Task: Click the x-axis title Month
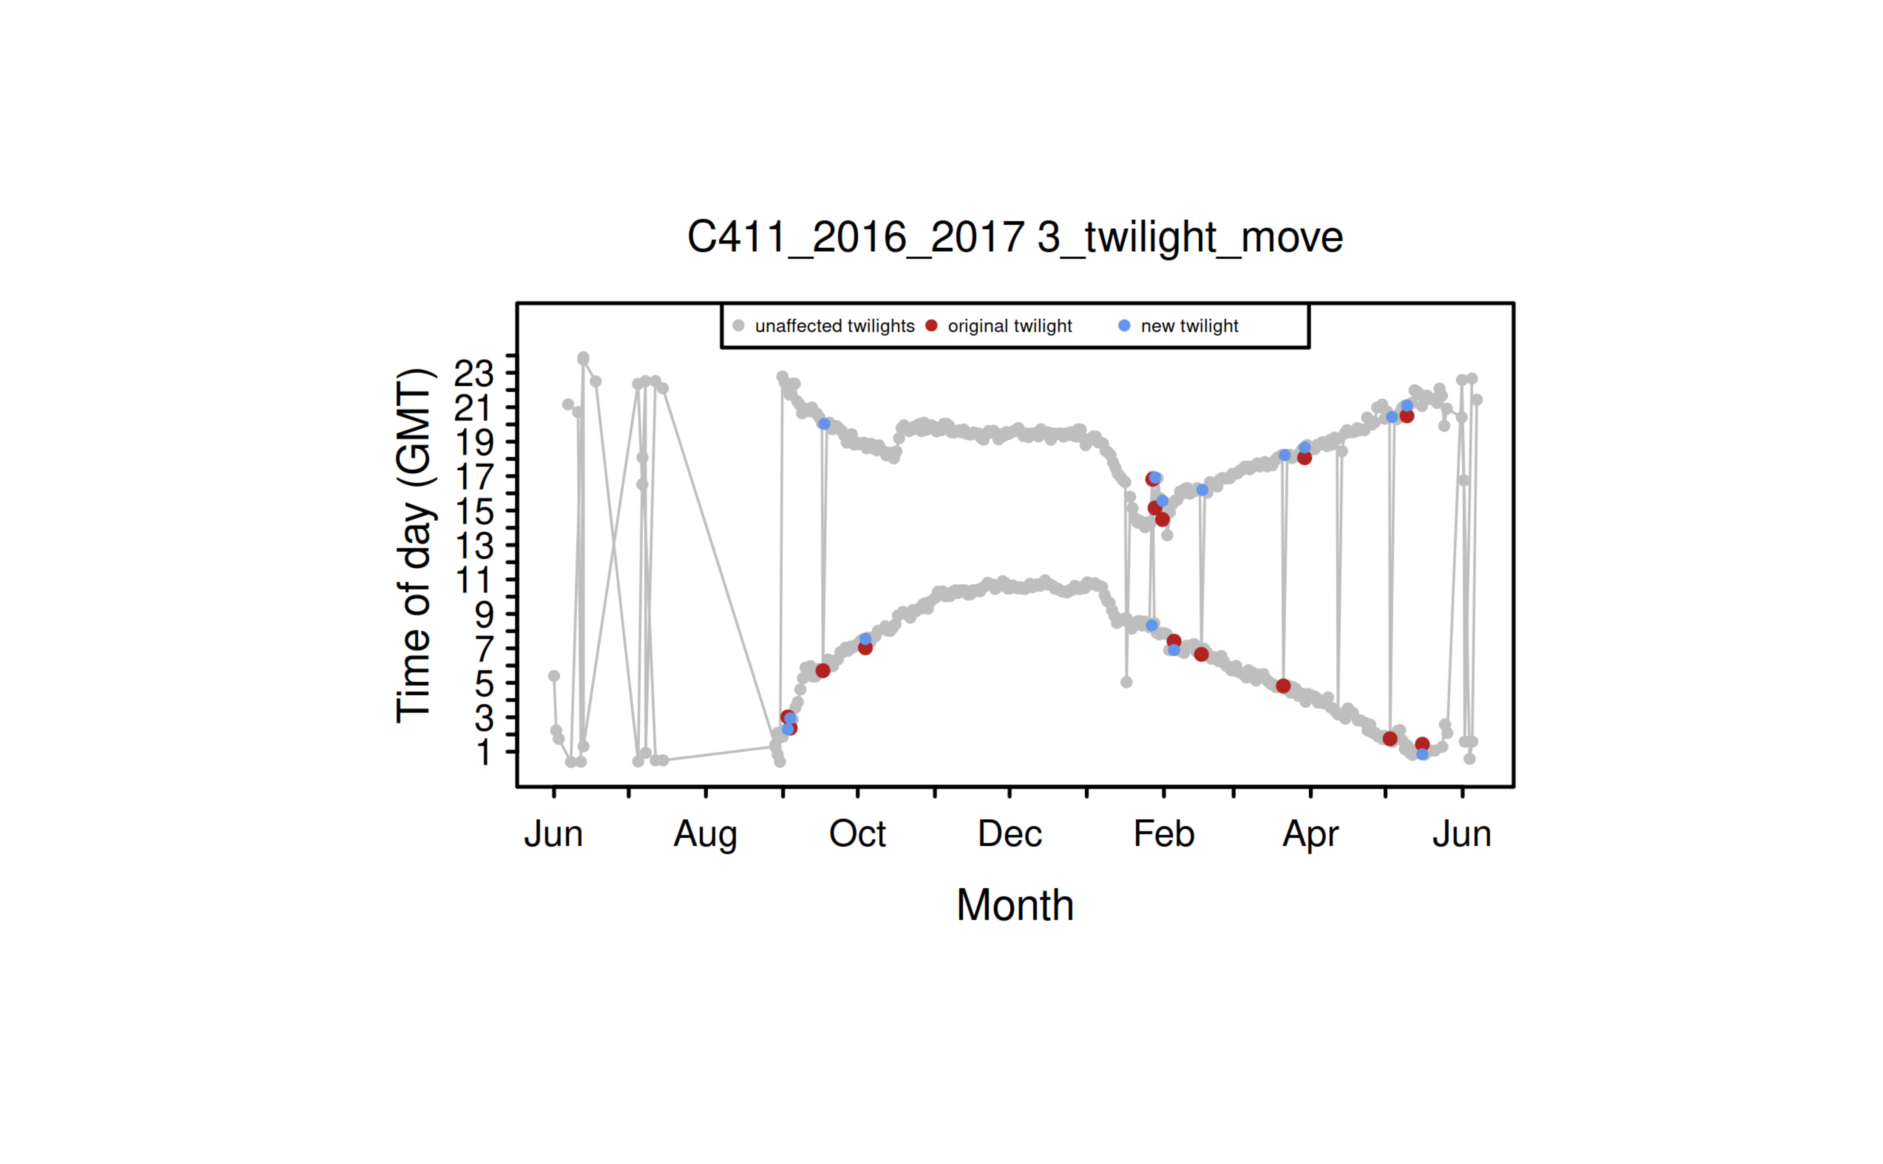pos(1014,905)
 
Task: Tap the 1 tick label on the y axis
pos(483,752)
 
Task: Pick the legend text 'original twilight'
pos(1010,326)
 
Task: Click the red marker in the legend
pos(931,326)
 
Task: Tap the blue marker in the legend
pos(1124,326)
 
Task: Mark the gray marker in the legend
pos(738,326)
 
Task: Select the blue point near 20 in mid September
pos(824,424)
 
